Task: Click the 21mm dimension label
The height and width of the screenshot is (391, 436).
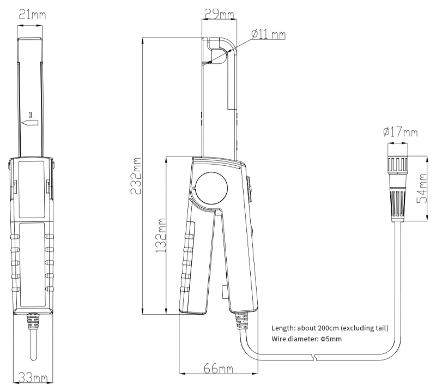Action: coord(32,15)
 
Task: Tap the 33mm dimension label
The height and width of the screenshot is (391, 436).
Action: coord(33,378)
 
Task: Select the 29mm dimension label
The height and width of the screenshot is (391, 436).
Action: coord(219,14)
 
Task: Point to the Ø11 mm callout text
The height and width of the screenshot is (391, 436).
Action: coord(268,34)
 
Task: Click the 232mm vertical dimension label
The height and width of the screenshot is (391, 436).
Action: coord(136,176)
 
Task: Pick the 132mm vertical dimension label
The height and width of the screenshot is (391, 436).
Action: coord(160,235)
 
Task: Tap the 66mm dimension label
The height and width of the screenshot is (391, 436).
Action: coord(219,369)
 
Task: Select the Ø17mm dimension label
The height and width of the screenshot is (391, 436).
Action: coord(401,131)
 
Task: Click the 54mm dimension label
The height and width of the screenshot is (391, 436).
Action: coord(421,188)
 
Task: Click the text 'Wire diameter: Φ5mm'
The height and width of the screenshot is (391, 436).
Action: coord(306,339)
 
